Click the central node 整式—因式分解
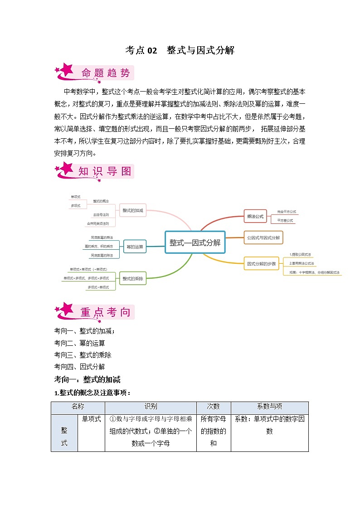pos(195,242)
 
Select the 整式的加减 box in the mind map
pos(132,210)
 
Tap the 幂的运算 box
pos(134,247)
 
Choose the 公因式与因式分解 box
pos(263,237)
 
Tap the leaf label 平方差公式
pos(285,220)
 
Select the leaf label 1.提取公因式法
pos(300,255)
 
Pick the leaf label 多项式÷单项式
pos(98,287)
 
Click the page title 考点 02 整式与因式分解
pos(180,50)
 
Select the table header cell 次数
pos(214,407)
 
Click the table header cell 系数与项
pos(269,407)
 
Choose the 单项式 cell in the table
pos(91,419)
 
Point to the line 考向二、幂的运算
pos(79,343)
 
